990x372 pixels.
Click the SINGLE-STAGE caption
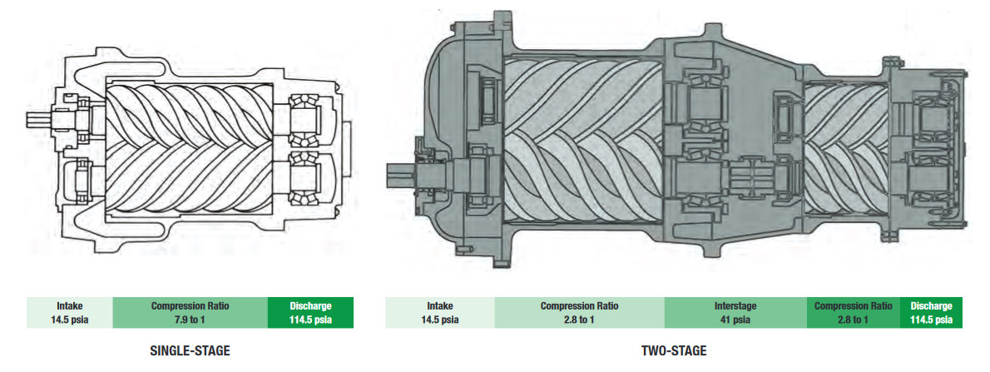point(190,351)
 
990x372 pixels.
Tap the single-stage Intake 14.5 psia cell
point(69,312)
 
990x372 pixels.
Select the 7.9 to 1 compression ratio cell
point(190,312)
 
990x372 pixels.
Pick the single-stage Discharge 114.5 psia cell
point(310,312)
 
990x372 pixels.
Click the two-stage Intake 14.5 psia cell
point(439,312)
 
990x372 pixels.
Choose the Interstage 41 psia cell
point(735,312)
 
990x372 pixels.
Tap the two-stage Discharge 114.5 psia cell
point(930,312)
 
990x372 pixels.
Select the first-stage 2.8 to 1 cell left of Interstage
point(579,312)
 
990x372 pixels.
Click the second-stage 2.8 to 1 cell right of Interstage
point(853,312)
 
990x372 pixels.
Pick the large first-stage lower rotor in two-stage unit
point(582,191)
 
